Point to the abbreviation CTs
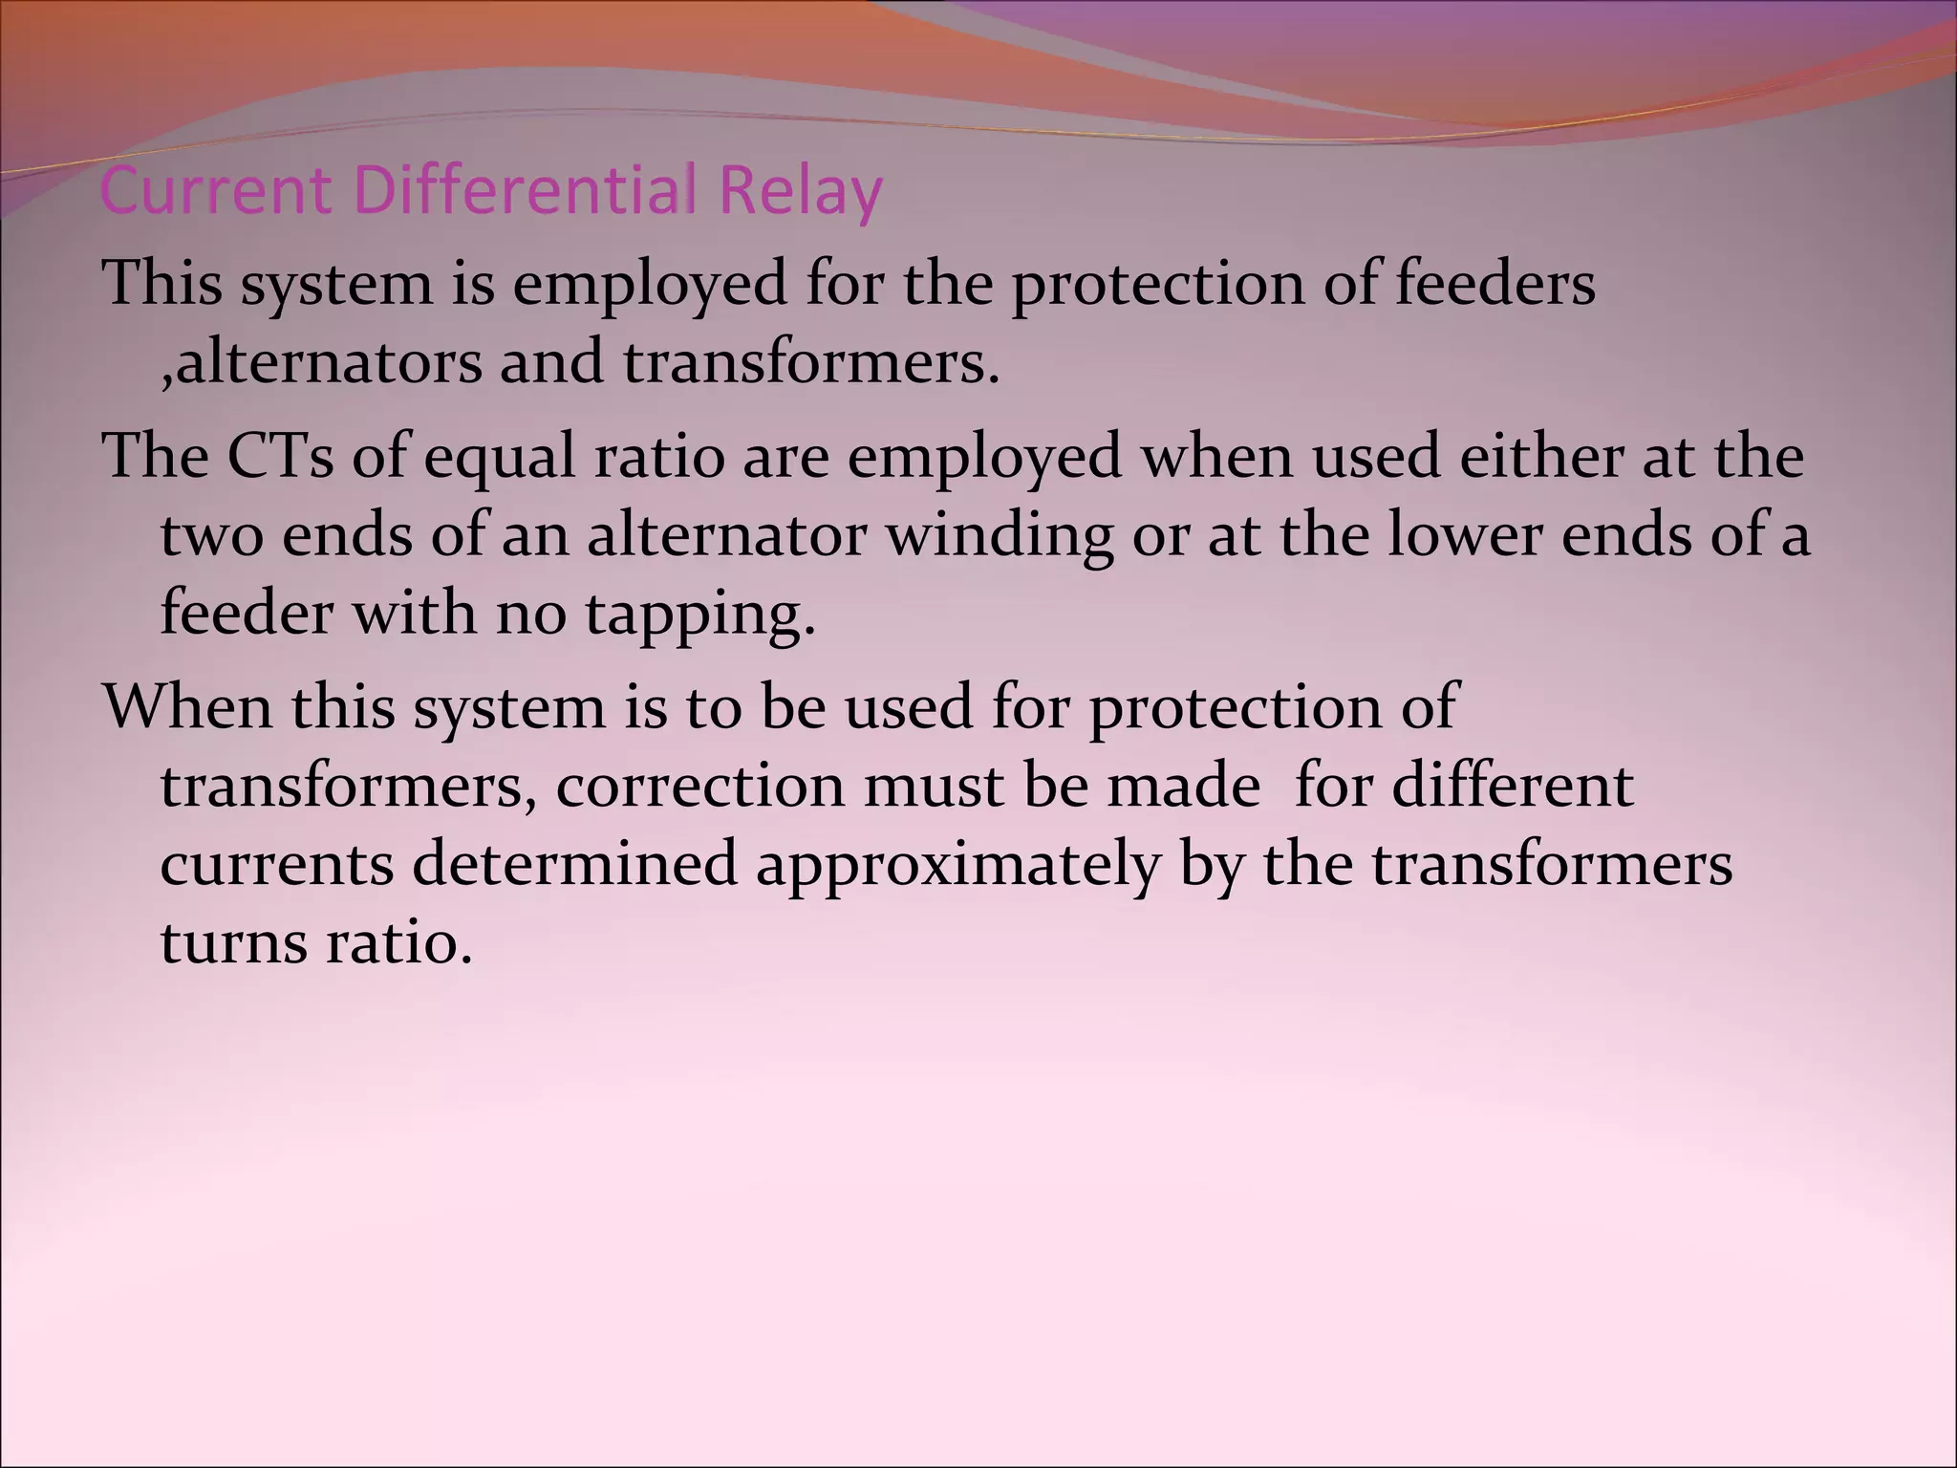[x=280, y=456]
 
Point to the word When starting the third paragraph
[x=187, y=707]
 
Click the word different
[x=1512, y=786]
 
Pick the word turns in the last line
[x=233, y=942]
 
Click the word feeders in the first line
[x=1495, y=284]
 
